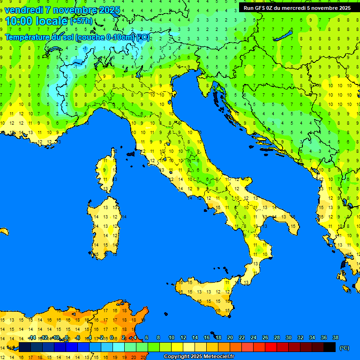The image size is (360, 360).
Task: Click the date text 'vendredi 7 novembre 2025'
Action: [x=62, y=10]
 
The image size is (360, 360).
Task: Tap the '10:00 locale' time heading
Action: [x=36, y=21]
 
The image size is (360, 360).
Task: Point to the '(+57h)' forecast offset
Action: [x=81, y=22]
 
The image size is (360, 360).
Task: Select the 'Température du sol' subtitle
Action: [x=39, y=37]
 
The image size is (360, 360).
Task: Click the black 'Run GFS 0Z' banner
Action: [x=297, y=7]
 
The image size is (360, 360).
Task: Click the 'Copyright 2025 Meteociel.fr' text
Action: [x=198, y=357]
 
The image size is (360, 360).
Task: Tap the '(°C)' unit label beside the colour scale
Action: [x=344, y=347]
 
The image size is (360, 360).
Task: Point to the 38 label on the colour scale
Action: [x=336, y=337]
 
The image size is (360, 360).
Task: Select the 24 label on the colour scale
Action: [x=254, y=337]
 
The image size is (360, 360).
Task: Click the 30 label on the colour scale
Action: [x=289, y=337]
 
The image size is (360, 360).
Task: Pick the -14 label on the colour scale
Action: [x=32, y=337]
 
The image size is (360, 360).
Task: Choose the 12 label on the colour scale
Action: [x=183, y=337]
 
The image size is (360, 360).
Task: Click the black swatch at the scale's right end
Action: [x=330, y=347]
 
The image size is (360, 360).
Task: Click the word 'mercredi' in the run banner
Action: [x=290, y=7]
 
